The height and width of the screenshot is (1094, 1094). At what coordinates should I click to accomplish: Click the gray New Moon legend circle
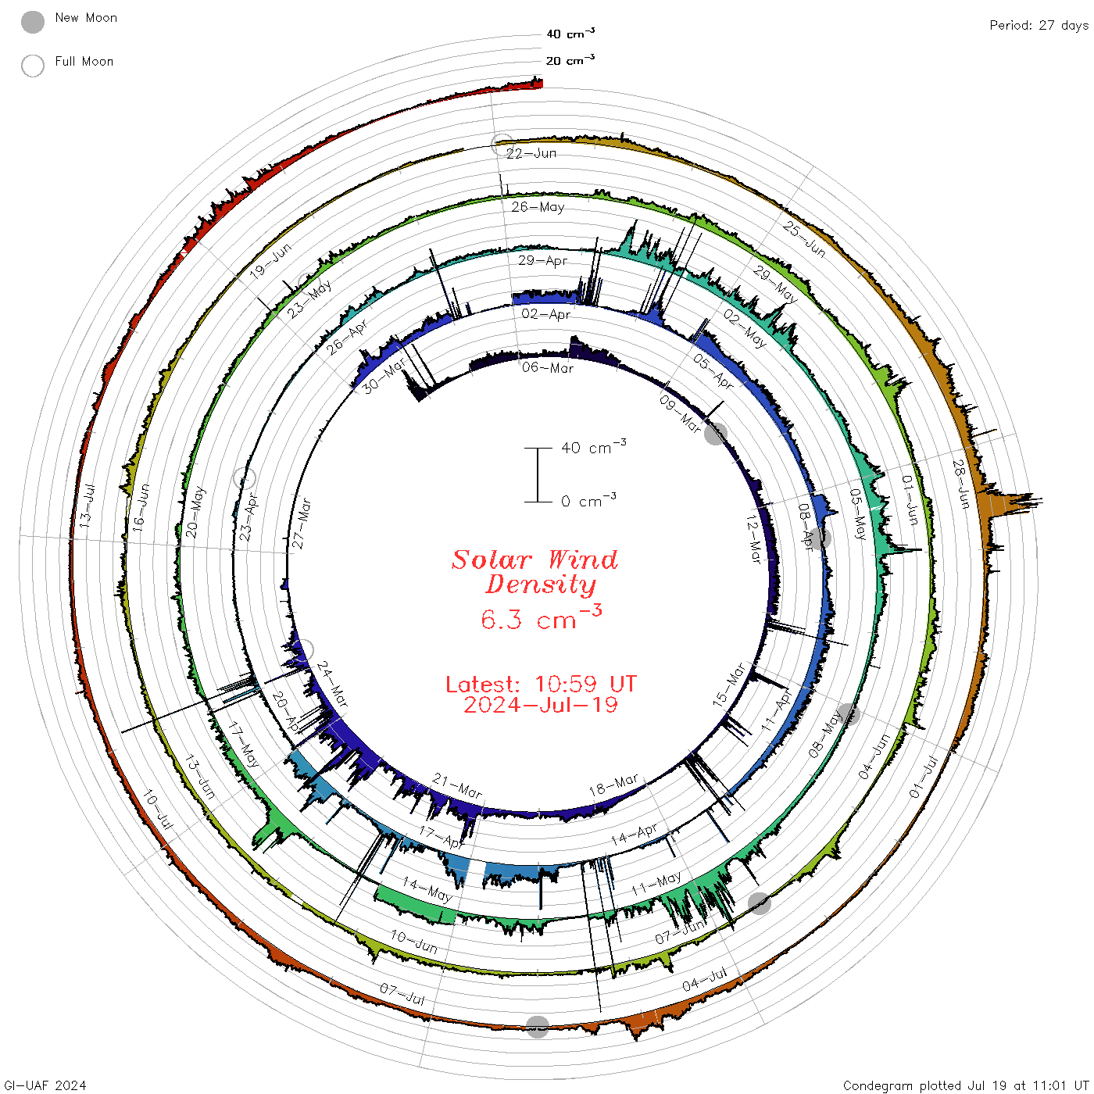tap(33, 22)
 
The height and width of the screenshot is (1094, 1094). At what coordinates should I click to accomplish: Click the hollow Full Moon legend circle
tap(33, 66)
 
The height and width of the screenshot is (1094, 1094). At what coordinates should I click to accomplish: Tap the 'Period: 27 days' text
tap(1039, 26)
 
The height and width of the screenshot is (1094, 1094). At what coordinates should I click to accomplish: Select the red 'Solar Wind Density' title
tap(534, 572)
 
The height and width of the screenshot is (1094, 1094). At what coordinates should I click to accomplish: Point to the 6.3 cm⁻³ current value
tap(541, 617)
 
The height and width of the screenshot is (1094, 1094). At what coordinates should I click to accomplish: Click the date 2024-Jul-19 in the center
tap(541, 705)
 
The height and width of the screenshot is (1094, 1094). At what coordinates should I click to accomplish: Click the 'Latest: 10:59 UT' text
tap(541, 684)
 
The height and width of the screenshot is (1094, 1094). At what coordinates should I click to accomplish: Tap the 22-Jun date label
tap(531, 153)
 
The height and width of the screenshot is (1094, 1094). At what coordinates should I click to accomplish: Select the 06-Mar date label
tap(548, 368)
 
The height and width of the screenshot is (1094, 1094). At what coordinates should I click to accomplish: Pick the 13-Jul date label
tap(85, 506)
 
